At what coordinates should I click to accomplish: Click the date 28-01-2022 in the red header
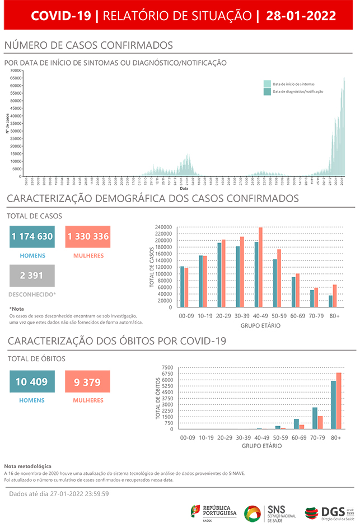click(x=301, y=16)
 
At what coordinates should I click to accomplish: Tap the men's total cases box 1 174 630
click(x=32, y=236)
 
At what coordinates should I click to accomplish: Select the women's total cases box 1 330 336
click(x=88, y=236)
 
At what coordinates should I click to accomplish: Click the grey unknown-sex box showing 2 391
click(x=32, y=276)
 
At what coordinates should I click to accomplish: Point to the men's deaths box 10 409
click(x=32, y=382)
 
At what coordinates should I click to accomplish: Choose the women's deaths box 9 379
click(x=87, y=382)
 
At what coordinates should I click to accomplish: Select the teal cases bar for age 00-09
click(x=183, y=287)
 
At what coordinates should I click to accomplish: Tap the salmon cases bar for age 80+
click(x=335, y=296)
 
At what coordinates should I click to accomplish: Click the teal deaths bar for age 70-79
click(x=315, y=418)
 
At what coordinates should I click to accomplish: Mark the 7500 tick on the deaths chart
click(x=168, y=367)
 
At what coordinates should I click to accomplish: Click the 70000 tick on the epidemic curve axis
click(x=16, y=71)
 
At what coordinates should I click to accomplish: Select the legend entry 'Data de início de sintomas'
click(x=293, y=83)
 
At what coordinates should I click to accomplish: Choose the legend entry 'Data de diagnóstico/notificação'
click(x=297, y=91)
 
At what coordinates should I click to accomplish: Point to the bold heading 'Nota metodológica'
click(x=27, y=466)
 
